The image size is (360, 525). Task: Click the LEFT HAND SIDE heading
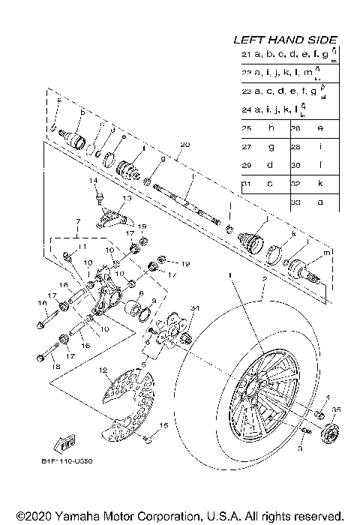click(x=284, y=40)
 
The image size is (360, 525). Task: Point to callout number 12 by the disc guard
click(x=104, y=370)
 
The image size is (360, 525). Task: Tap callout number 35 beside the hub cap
click(x=336, y=411)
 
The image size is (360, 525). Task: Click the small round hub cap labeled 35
click(x=327, y=433)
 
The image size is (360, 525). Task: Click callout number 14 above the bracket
click(x=95, y=181)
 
